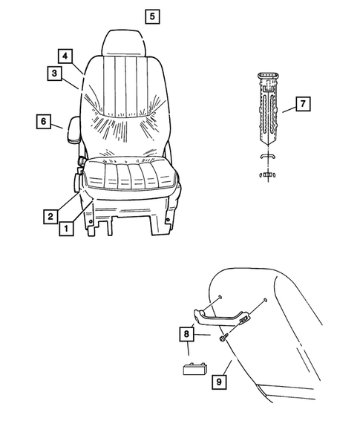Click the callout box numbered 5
(x=151, y=16)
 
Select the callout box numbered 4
(x=65, y=56)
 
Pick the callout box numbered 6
(x=43, y=120)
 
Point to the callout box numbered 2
(x=50, y=216)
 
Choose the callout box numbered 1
(x=66, y=229)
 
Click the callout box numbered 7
(x=303, y=104)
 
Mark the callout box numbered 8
(x=185, y=334)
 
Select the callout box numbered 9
(x=219, y=382)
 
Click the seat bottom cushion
(x=130, y=178)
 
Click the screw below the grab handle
(x=223, y=337)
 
